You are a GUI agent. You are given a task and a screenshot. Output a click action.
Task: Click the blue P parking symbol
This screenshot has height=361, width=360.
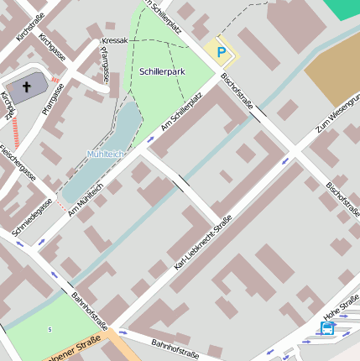(222, 52)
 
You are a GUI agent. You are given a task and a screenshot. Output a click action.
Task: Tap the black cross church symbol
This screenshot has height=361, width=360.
(26, 86)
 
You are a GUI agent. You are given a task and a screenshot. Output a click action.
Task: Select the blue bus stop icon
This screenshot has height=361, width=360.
(326, 328)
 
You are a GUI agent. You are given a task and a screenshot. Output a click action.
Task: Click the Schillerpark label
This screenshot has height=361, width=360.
(162, 72)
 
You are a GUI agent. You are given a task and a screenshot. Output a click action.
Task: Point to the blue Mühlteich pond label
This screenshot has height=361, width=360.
(105, 154)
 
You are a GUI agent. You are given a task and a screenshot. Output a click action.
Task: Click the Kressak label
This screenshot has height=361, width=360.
(114, 40)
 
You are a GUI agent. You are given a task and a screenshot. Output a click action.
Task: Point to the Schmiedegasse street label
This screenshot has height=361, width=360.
(32, 216)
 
